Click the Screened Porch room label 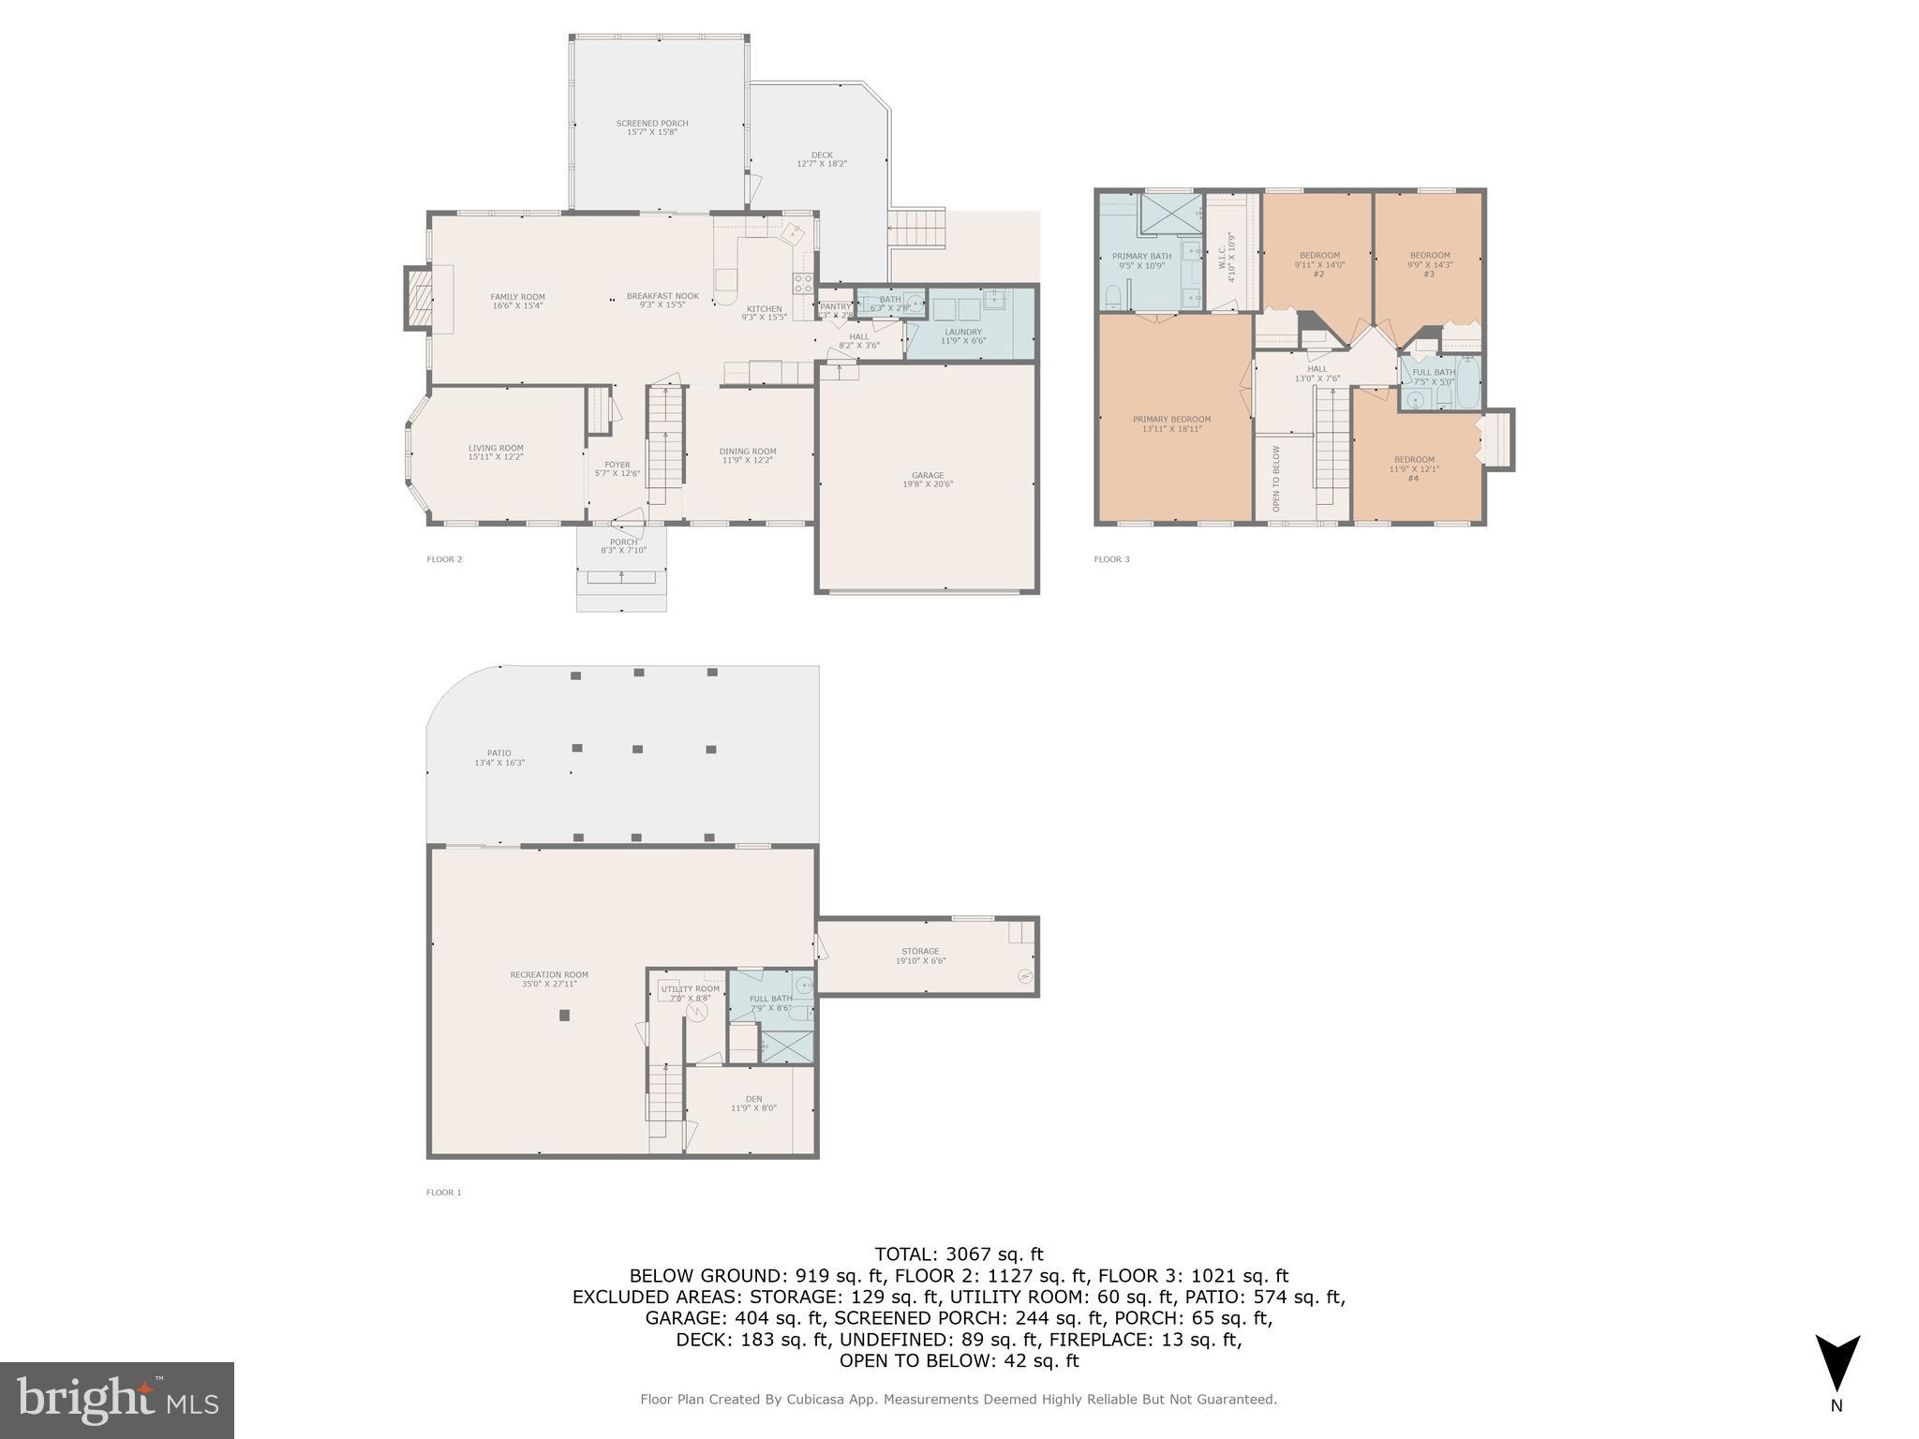click(652, 127)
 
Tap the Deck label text click(822, 159)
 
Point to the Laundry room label click(963, 335)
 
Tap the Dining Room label click(748, 455)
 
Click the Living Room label click(496, 452)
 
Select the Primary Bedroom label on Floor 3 click(1171, 423)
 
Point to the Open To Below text click(1276, 479)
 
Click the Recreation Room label click(549, 979)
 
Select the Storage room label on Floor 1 click(920, 956)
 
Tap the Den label click(754, 1104)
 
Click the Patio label click(499, 757)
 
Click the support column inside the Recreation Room click(564, 1015)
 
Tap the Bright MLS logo click(117, 1400)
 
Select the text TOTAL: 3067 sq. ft click(959, 1254)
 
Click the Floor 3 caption click(1112, 559)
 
